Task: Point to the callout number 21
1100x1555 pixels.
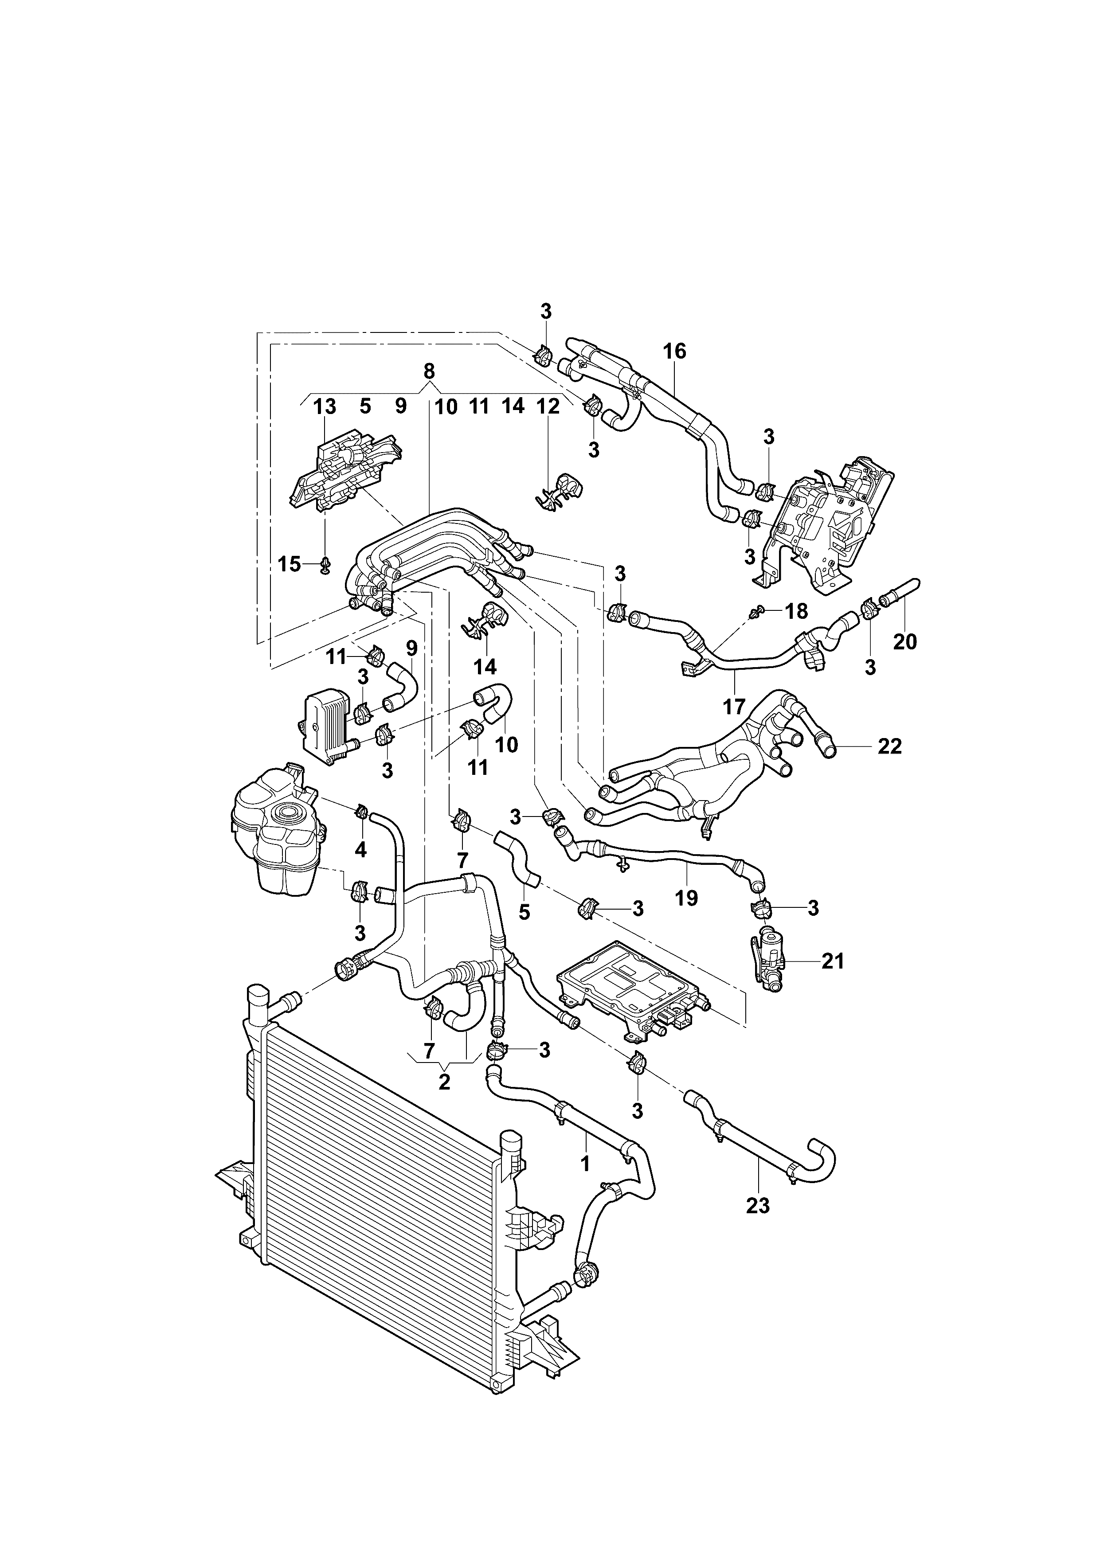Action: click(x=833, y=961)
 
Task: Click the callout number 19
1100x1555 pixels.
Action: click(x=686, y=898)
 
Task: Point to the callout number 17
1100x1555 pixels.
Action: click(x=734, y=707)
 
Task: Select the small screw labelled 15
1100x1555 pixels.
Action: click(x=325, y=564)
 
